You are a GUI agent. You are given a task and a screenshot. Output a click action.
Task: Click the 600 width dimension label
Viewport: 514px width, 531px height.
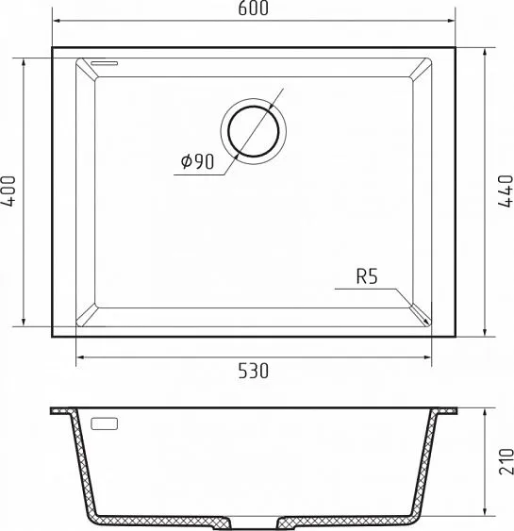(x=253, y=8)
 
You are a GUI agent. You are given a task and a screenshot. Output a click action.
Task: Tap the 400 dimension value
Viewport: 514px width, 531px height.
(x=8, y=191)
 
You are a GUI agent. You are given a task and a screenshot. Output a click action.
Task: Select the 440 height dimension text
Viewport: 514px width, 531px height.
(x=506, y=191)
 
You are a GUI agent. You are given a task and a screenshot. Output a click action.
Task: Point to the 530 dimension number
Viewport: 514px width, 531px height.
(x=254, y=371)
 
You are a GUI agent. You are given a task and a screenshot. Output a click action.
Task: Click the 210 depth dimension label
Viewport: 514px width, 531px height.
(x=506, y=461)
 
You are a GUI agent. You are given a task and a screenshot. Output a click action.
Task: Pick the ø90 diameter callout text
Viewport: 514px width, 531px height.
(x=197, y=161)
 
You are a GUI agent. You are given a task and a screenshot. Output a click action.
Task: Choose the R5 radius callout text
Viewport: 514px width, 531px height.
(x=367, y=276)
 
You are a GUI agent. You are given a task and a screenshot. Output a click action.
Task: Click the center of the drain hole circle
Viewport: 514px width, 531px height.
(x=254, y=131)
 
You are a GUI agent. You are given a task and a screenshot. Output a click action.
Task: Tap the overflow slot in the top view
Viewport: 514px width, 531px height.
(x=105, y=63)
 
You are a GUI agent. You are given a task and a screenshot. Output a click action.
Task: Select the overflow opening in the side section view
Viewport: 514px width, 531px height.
(x=105, y=423)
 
